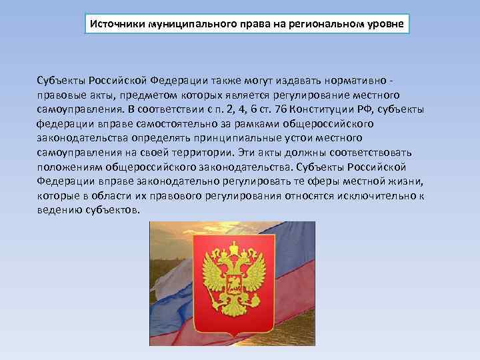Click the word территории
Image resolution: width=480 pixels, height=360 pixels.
(x=218, y=153)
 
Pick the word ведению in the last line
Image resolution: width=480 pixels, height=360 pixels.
(x=59, y=211)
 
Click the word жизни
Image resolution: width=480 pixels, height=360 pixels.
(x=406, y=182)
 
